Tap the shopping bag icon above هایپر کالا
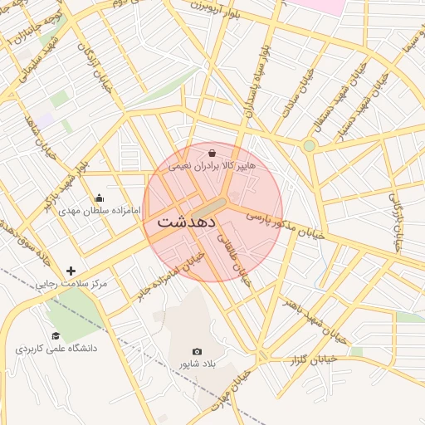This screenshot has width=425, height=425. (x=212, y=153)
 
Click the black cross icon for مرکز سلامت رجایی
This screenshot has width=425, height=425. (x=71, y=271)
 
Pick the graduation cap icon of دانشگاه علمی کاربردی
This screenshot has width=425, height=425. (x=56, y=336)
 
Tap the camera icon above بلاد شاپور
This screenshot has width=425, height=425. (x=197, y=352)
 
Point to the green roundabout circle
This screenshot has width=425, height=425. (x=309, y=146)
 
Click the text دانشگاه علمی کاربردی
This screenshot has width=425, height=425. (x=56, y=349)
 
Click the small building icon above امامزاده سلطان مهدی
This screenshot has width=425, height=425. (x=100, y=198)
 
